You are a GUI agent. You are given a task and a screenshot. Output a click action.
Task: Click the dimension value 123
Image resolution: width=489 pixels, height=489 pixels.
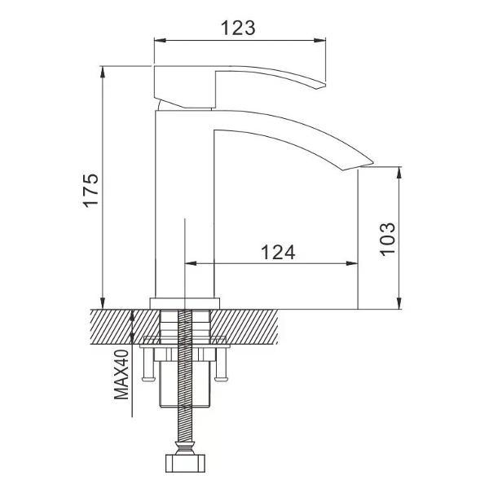point(238,28)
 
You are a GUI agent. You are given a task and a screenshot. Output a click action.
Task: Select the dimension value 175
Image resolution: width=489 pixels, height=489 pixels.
point(90,190)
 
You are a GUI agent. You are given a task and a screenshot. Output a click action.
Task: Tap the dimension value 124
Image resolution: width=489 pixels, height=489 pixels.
point(278,253)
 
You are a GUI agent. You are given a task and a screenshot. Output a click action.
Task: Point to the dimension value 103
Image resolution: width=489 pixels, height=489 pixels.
point(388,239)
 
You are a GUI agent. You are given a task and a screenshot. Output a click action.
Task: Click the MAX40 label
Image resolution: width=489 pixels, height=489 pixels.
point(121,375)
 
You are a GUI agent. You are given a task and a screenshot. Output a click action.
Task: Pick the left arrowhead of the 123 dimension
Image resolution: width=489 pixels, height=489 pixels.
point(161,40)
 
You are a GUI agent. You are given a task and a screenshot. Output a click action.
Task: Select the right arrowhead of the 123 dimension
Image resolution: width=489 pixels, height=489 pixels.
point(319,40)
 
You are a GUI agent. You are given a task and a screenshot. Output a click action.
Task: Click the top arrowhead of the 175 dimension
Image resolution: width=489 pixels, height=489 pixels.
point(103,73)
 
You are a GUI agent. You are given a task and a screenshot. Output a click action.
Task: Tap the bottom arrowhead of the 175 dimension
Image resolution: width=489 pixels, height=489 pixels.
point(103,303)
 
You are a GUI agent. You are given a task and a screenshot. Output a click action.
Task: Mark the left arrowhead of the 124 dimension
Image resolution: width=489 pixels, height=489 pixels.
point(191,263)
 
